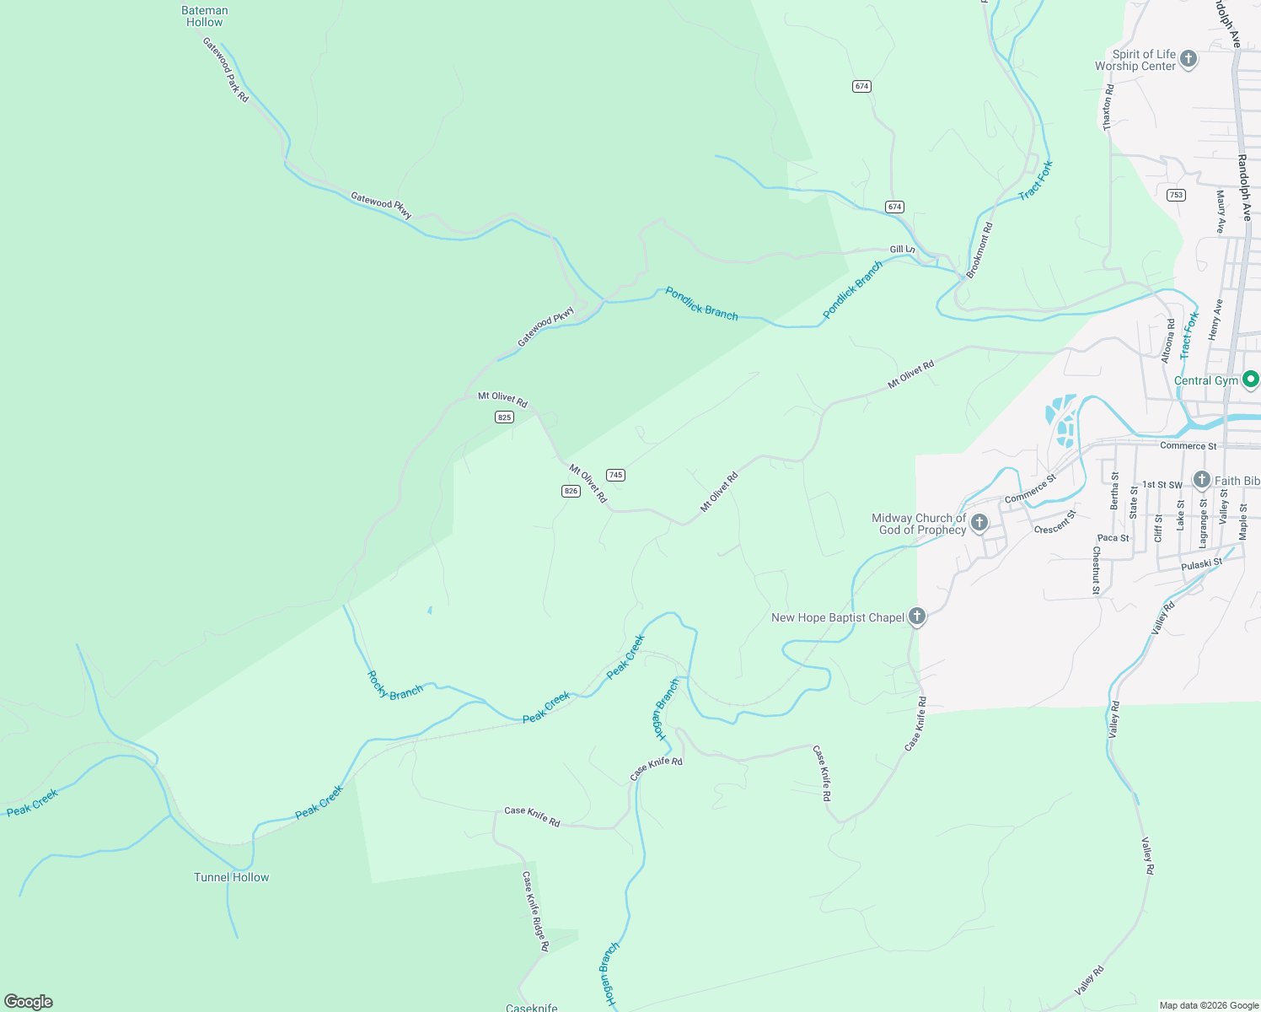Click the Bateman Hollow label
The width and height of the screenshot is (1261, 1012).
click(205, 16)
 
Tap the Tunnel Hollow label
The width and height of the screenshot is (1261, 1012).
click(231, 877)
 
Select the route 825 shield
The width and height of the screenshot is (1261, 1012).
click(504, 417)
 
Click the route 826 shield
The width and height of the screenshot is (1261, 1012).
click(571, 491)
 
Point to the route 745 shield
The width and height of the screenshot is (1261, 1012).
click(615, 475)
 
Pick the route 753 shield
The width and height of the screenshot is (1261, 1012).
click(1176, 195)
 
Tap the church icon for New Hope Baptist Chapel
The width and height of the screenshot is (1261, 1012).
click(917, 617)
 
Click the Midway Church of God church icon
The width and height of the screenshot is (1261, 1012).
click(979, 523)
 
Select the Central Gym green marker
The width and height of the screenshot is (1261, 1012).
click(1251, 380)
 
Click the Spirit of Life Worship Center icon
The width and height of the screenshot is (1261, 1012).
click(1189, 59)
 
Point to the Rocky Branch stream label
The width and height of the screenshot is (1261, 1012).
click(394, 686)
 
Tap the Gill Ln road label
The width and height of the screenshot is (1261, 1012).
click(902, 250)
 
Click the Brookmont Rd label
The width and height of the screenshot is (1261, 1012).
click(979, 250)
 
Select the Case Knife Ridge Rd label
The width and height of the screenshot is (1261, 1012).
click(535, 912)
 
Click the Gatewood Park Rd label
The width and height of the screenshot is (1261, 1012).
click(226, 70)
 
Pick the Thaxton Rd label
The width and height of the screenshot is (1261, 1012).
click(1108, 107)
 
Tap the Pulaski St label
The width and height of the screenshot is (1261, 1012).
click(1201, 564)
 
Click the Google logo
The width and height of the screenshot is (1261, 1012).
click(29, 1002)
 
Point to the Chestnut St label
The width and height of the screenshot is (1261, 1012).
click(1096, 571)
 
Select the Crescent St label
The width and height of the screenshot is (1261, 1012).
click(1055, 522)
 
